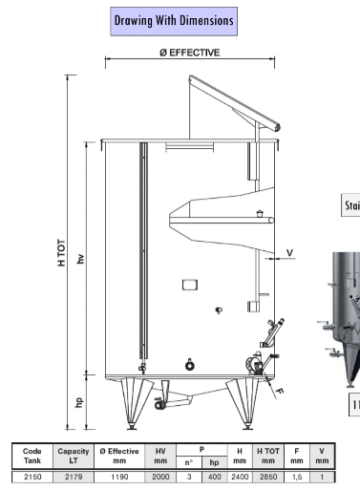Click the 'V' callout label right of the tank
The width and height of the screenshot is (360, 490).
pos(290,252)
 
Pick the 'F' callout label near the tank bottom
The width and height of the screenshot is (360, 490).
pos(281,392)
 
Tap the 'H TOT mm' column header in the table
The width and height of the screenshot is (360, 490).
pos(268,456)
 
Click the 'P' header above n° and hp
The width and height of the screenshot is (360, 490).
pos(201,449)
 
